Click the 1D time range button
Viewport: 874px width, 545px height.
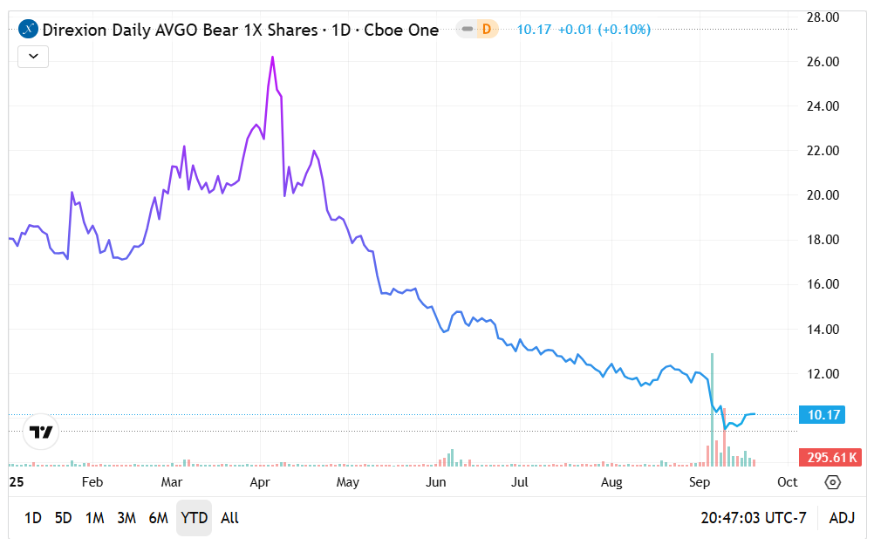[32, 518]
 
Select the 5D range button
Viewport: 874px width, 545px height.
[64, 518]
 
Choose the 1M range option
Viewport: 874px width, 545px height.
[95, 518]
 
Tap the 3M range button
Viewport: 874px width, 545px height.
[126, 518]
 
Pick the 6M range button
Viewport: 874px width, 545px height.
[158, 518]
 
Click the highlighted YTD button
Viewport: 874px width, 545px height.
[194, 518]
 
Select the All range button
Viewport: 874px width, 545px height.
[229, 518]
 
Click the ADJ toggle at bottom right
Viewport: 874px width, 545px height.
[842, 518]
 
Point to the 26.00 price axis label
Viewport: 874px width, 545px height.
[821, 62]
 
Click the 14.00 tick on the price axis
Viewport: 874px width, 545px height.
[821, 330]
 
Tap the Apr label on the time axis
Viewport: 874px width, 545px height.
[259, 482]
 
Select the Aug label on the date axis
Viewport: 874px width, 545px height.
[612, 482]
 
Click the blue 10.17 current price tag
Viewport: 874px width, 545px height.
[822, 415]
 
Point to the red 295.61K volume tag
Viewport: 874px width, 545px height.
[830, 458]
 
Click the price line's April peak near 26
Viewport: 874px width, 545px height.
[272, 58]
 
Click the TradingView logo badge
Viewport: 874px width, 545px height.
[40, 432]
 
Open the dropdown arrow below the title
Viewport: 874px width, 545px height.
[33, 57]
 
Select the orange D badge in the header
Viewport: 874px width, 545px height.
[486, 30]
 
